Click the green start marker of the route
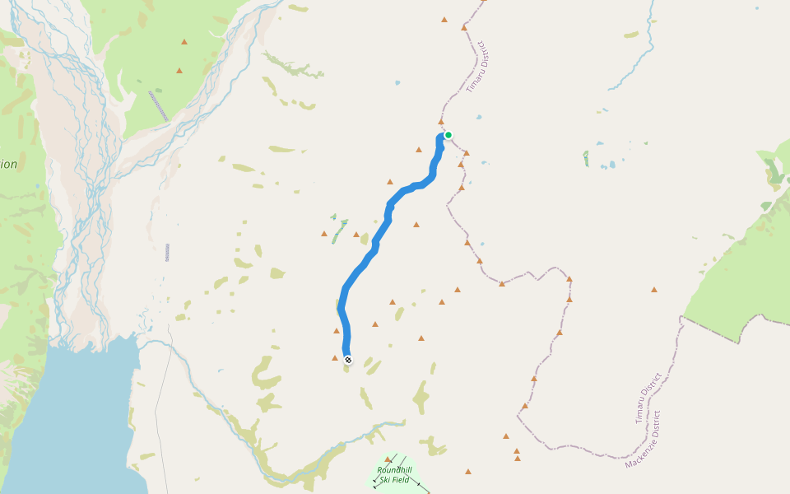click(x=448, y=135)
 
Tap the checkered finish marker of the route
click(x=348, y=360)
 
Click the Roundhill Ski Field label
click(x=394, y=474)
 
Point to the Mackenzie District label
click(x=643, y=439)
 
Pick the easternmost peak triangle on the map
click(x=654, y=290)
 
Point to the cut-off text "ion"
click(x=8, y=165)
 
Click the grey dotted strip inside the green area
click(x=158, y=106)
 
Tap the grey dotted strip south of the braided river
click(x=167, y=252)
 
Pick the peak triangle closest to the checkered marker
click(x=335, y=358)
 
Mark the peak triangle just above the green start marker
click(x=441, y=122)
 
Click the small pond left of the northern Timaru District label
click(x=397, y=83)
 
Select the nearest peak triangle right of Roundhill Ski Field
click(x=467, y=472)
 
